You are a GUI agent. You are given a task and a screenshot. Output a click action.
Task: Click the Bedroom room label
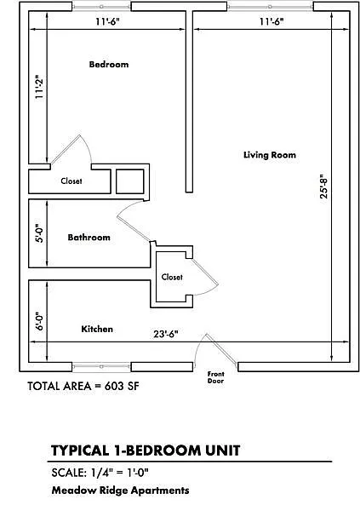(108, 65)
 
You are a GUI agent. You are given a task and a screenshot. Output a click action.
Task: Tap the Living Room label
(268, 155)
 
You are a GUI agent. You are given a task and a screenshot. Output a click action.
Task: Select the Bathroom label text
(89, 238)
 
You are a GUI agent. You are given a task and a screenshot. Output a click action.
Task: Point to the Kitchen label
(97, 329)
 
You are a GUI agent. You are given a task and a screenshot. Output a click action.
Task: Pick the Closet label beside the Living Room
(172, 277)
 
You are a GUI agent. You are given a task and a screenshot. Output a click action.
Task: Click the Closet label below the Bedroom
(71, 181)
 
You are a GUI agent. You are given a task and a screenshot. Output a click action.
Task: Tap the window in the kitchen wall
(100, 367)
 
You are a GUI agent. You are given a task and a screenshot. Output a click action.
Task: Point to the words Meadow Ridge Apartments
(119, 491)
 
